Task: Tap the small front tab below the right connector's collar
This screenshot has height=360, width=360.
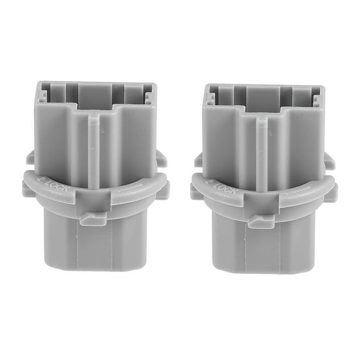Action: point(261,221)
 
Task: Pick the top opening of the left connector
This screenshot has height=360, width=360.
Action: point(96,95)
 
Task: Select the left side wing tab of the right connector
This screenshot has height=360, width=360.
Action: point(198,160)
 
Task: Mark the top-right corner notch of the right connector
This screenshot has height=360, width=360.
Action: point(317,99)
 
